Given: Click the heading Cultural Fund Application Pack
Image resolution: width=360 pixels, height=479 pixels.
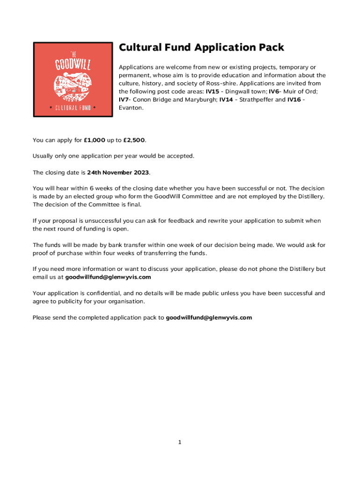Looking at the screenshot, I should [x=201, y=48].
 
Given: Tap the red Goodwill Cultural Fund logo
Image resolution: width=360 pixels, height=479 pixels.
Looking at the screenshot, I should [x=73, y=80].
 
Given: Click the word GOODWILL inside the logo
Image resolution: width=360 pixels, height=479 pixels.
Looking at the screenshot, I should [x=73, y=65].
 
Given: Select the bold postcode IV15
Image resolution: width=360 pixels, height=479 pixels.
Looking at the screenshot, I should [x=212, y=92].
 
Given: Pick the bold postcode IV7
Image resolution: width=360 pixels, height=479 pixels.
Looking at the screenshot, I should [x=123, y=100].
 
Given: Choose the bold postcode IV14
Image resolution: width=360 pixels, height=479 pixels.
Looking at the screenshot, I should [x=226, y=100].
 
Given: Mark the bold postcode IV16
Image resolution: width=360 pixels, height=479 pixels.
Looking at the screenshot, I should [x=294, y=100].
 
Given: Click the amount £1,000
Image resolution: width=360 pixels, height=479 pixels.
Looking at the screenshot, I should [x=94, y=140].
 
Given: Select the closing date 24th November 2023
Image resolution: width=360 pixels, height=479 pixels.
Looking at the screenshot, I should [x=118, y=173].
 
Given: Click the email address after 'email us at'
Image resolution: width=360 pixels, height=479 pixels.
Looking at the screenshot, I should [x=108, y=277].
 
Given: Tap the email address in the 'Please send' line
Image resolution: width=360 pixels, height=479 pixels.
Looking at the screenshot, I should [x=209, y=318].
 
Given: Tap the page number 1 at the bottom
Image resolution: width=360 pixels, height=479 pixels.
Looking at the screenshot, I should [x=180, y=443].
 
